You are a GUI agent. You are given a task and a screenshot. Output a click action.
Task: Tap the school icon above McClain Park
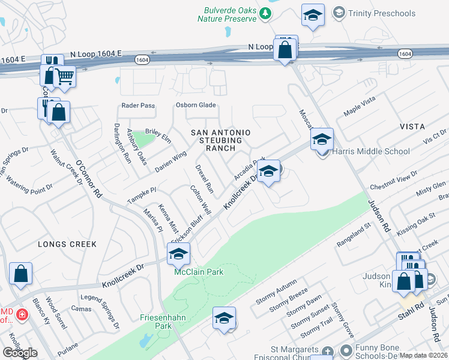click(179, 254)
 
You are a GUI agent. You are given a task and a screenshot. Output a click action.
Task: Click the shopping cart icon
click(65, 76)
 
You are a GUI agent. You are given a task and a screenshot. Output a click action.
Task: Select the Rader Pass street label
click(138, 105)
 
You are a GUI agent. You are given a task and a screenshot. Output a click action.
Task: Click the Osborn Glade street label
click(195, 105)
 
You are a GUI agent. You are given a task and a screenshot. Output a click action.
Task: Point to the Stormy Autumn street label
click(279, 292)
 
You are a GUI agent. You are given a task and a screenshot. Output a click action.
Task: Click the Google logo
click(20, 353)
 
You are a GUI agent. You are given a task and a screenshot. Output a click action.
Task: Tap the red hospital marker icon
click(22, 313)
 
